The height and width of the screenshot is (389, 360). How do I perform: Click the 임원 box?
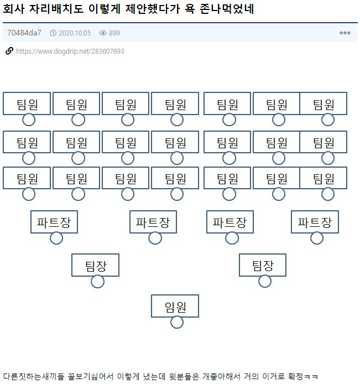175,306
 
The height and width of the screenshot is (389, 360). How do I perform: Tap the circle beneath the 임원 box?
177,322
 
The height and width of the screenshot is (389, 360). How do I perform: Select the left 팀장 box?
95,265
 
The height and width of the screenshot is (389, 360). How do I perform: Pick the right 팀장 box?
263,265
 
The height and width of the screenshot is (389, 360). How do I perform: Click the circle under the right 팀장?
265,281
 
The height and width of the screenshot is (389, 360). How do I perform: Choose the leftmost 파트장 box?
54,222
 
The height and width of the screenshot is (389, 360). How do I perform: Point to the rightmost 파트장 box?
315,222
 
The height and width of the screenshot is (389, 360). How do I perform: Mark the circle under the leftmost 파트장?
56,238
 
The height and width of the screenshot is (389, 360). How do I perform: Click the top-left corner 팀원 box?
27,103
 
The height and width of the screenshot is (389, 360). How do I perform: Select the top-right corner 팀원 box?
324,103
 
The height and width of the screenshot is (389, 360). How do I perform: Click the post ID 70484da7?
24,33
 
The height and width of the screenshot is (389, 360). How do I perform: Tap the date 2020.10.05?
74,33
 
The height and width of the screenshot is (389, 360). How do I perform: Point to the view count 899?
114,33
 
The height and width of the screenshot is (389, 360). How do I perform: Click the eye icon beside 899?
102,33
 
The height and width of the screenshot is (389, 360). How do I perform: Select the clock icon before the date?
53,33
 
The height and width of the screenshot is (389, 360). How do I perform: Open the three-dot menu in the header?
345,33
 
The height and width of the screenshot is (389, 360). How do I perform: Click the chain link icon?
9,51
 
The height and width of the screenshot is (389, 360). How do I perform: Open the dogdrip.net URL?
70,51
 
